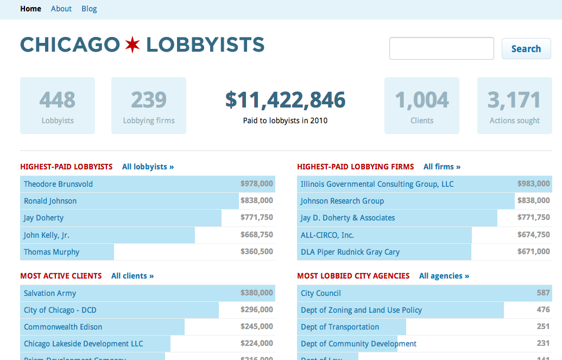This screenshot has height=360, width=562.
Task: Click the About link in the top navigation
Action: coord(61,9)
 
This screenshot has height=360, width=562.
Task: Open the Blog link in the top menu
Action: coord(89,9)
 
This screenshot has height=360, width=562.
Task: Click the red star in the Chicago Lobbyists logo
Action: coord(132,45)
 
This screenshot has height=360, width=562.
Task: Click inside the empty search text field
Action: coord(441,48)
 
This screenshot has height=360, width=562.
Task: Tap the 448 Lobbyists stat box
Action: coord(58,105)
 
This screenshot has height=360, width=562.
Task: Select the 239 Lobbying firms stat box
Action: coord(149,105)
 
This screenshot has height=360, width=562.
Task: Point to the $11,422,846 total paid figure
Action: coord(286,100)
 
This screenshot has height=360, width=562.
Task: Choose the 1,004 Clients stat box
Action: coord(422,105)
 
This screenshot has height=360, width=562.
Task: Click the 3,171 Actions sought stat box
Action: coord(514,105)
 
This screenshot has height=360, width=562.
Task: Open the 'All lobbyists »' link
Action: coord(148,167)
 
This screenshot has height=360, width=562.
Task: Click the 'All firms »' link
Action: coord(442,167)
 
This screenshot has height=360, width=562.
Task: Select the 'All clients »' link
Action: coord(132,276)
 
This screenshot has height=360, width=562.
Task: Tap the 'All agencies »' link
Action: coord(444,276)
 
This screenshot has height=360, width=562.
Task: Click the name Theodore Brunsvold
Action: coord(58,184)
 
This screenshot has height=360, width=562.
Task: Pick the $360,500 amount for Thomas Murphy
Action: coord(257,252)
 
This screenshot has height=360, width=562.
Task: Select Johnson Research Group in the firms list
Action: coord(342,201)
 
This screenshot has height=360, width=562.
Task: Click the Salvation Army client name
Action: coord(50,293)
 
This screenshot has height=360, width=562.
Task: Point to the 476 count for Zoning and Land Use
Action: coord(543,310)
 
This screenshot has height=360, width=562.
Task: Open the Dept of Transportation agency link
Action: coord(340,327)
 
